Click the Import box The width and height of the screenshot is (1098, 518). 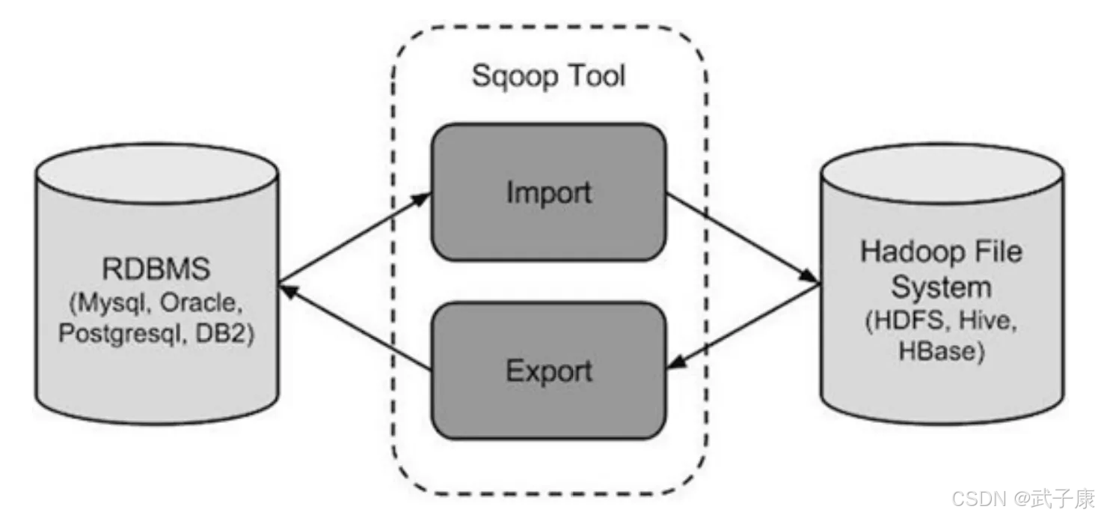(x=548, y=192)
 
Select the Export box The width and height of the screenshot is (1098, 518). (x=548, y=371)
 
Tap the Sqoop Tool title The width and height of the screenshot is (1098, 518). (x=548, y=76)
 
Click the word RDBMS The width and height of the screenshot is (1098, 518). (x=156, y=269)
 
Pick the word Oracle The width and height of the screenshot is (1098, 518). (x=201, y=303)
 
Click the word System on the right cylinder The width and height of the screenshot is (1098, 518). (x=941, y=287)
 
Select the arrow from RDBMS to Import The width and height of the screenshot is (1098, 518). (x=355, y=238)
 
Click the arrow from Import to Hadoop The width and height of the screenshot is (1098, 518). (x=743, y=239)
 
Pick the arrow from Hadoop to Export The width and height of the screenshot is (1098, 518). (x=743, y=326)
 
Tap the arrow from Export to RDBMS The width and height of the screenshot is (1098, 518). (x=355, y=327)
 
